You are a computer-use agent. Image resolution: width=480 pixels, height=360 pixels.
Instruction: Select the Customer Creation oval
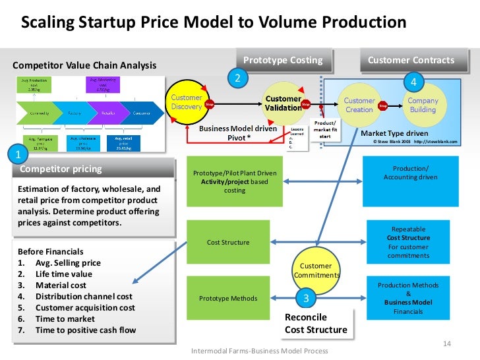pyautogui.click(x=359, y=105)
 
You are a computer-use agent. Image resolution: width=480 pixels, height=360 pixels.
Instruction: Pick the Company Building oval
pyautogui.click(x=423, y=105)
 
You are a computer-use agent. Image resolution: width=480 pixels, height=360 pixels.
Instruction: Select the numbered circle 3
pyautogui.click(x=305, y=298)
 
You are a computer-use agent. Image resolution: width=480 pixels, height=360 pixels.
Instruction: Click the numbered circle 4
pyautogui.click(x=413, y=82)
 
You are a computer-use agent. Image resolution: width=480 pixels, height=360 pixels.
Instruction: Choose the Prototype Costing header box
pyautogui.click(x=283, y=61)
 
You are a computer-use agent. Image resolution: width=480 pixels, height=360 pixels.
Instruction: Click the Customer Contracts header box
pyautogui.click(x=411, y=61)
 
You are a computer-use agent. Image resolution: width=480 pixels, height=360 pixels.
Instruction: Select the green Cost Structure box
pyautogui.click(x=228, y=242)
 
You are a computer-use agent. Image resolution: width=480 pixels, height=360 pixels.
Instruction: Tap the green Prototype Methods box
pyautogui.click(x=228, y=298)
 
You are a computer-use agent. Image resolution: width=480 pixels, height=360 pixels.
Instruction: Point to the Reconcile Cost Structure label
pyautogui.click(x=316, y=323)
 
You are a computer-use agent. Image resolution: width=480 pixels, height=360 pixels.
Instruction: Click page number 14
pyautogui.click(x=446, y=344)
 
